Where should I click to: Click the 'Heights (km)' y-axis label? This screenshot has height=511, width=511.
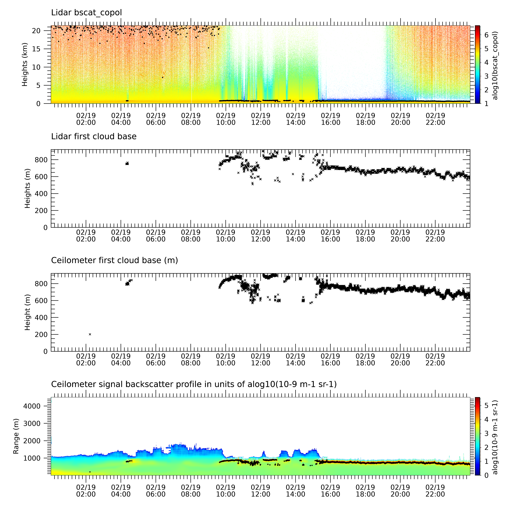point(25,65)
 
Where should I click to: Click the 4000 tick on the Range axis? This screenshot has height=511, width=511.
point(32,406)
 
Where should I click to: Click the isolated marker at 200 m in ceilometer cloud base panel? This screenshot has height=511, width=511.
point(90,334)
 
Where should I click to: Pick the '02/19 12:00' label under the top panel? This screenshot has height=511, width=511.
point(261,119)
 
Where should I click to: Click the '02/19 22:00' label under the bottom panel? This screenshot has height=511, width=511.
point(435,491)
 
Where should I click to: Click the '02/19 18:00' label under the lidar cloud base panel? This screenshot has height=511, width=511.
point(365,236)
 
